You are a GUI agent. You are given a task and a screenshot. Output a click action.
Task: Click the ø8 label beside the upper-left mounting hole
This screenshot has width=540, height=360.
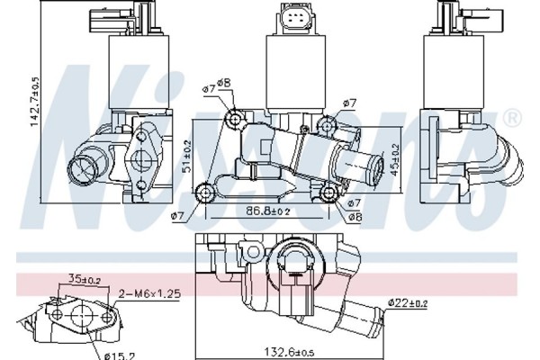225,84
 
